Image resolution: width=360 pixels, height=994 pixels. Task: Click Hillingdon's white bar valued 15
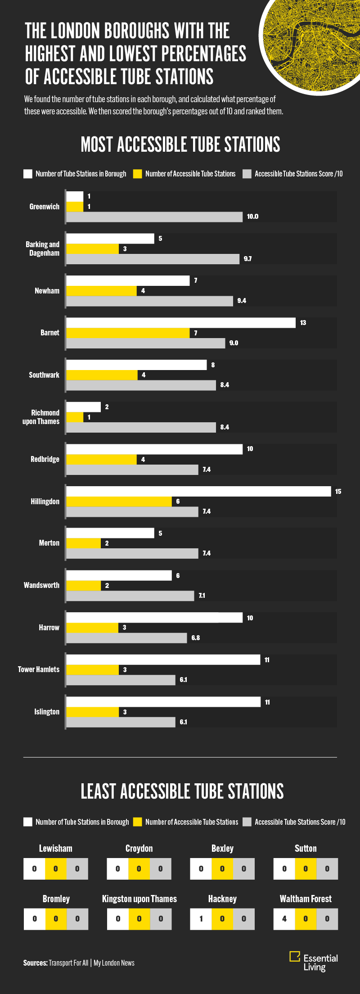coord(198,491)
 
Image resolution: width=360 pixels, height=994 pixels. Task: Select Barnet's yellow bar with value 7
coord(128,333)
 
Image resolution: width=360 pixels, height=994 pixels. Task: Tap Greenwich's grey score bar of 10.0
coord(154,217)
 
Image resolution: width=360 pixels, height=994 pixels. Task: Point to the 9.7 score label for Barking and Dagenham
coord(247,259)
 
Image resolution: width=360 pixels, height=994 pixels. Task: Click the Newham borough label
coord(47,291)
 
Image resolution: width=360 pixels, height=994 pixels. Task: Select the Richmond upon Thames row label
coord(41,417)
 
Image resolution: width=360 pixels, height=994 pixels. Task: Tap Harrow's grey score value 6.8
coord(195,638)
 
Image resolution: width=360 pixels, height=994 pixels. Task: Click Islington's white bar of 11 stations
coord(163,702)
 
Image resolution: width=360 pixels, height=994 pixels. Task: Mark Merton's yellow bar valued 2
coord(84,543)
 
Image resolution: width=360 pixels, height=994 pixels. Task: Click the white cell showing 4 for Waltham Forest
coord(284,919)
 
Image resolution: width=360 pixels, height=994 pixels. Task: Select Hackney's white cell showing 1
coord(201,919)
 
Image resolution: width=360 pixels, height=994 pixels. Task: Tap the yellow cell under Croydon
coord(139,869)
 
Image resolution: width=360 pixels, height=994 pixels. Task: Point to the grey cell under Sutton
coord(327,869)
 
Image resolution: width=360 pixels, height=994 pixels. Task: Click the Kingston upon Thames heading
coord(139,899)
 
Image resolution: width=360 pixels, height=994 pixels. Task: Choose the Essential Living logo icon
coord(295,956)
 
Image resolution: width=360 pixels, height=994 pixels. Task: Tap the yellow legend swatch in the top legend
coord(138,174)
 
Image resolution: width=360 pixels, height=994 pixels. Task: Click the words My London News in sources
coord(114,963)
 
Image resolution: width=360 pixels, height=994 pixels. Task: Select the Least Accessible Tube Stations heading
coord(182,791)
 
